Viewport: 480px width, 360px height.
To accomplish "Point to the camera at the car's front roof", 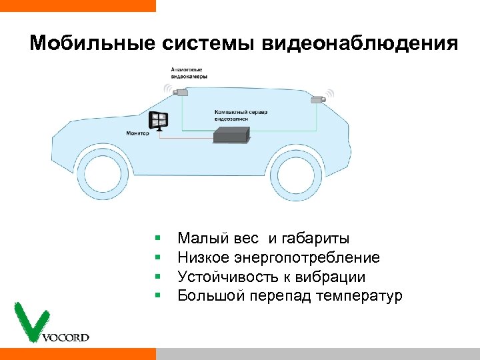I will [179, 93].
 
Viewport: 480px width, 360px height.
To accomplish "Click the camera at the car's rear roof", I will [317, 99].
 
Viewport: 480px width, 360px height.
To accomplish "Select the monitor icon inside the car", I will [159, 121].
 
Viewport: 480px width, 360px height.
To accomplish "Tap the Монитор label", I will [137, 133].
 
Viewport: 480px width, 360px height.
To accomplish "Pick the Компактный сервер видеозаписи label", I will [241, 115].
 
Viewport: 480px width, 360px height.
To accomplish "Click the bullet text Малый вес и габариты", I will [263, 239].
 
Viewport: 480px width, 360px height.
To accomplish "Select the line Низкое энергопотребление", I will [279, 257].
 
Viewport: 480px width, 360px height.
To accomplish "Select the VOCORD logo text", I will [65, 337].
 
